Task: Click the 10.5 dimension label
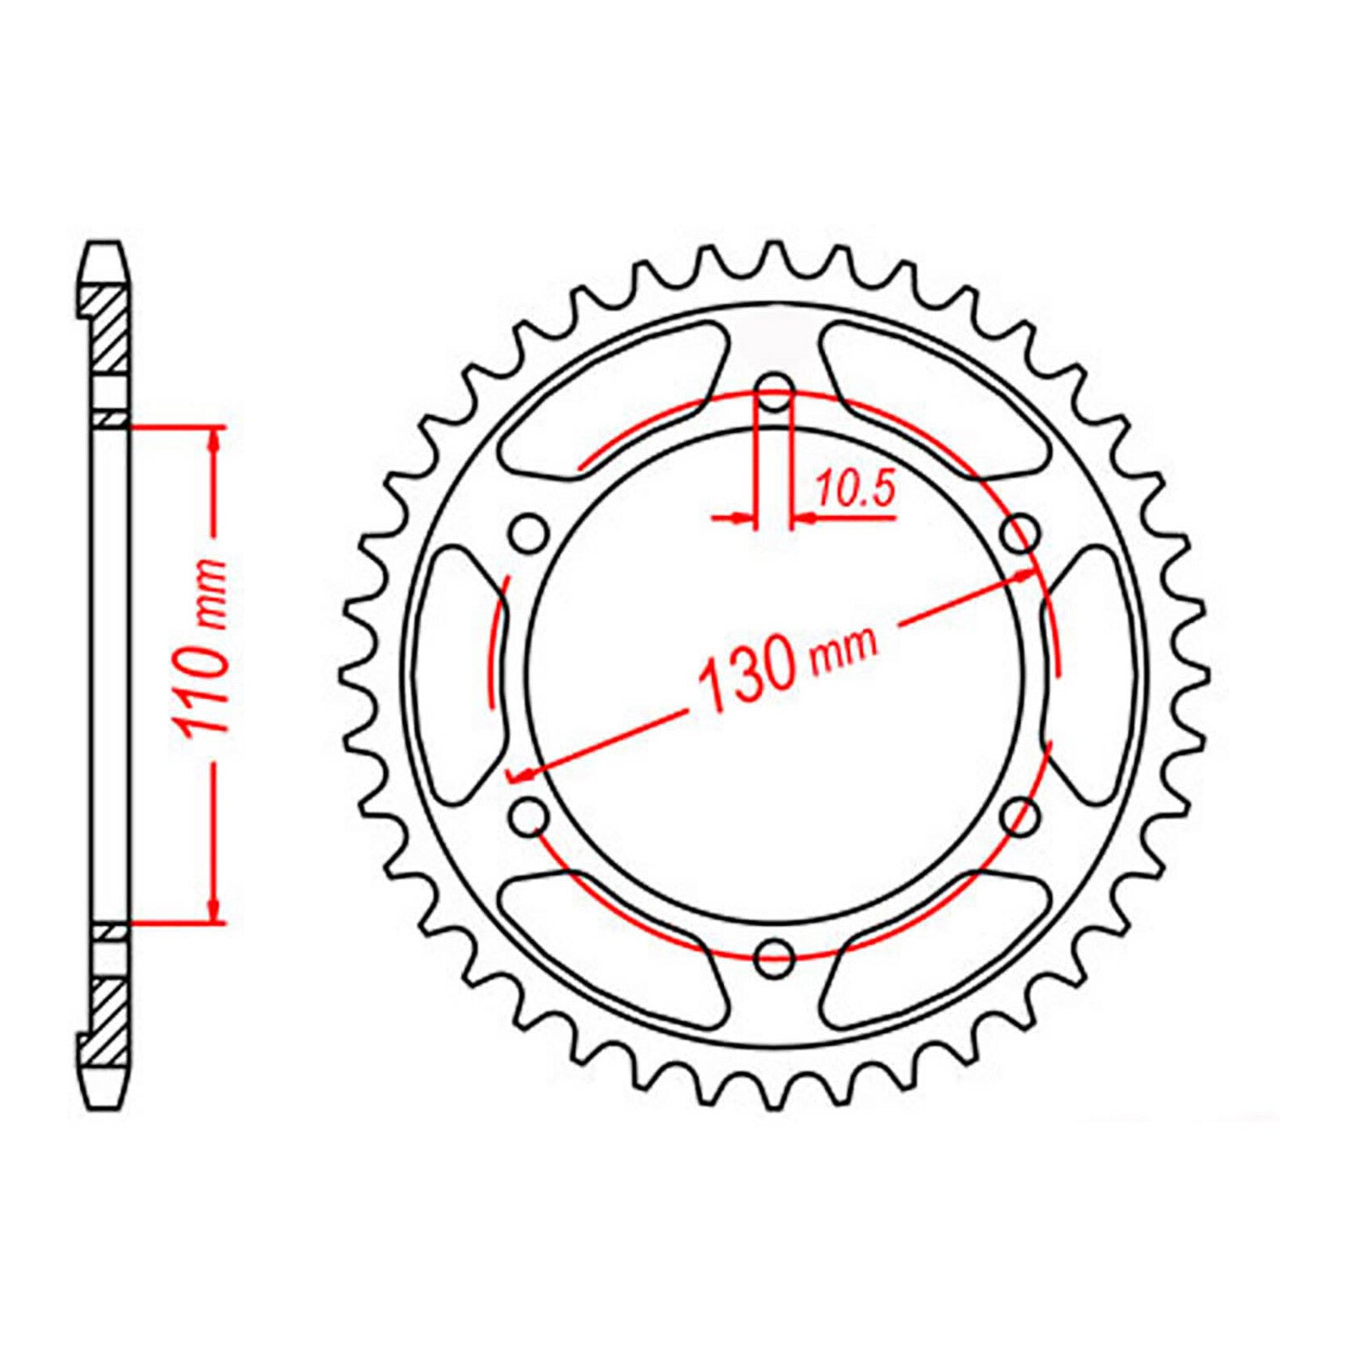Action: coord(854,491)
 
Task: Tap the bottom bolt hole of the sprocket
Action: coord(775,956)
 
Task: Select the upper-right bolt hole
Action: coord(1020,532)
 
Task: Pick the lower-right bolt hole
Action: coord(1020,814)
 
